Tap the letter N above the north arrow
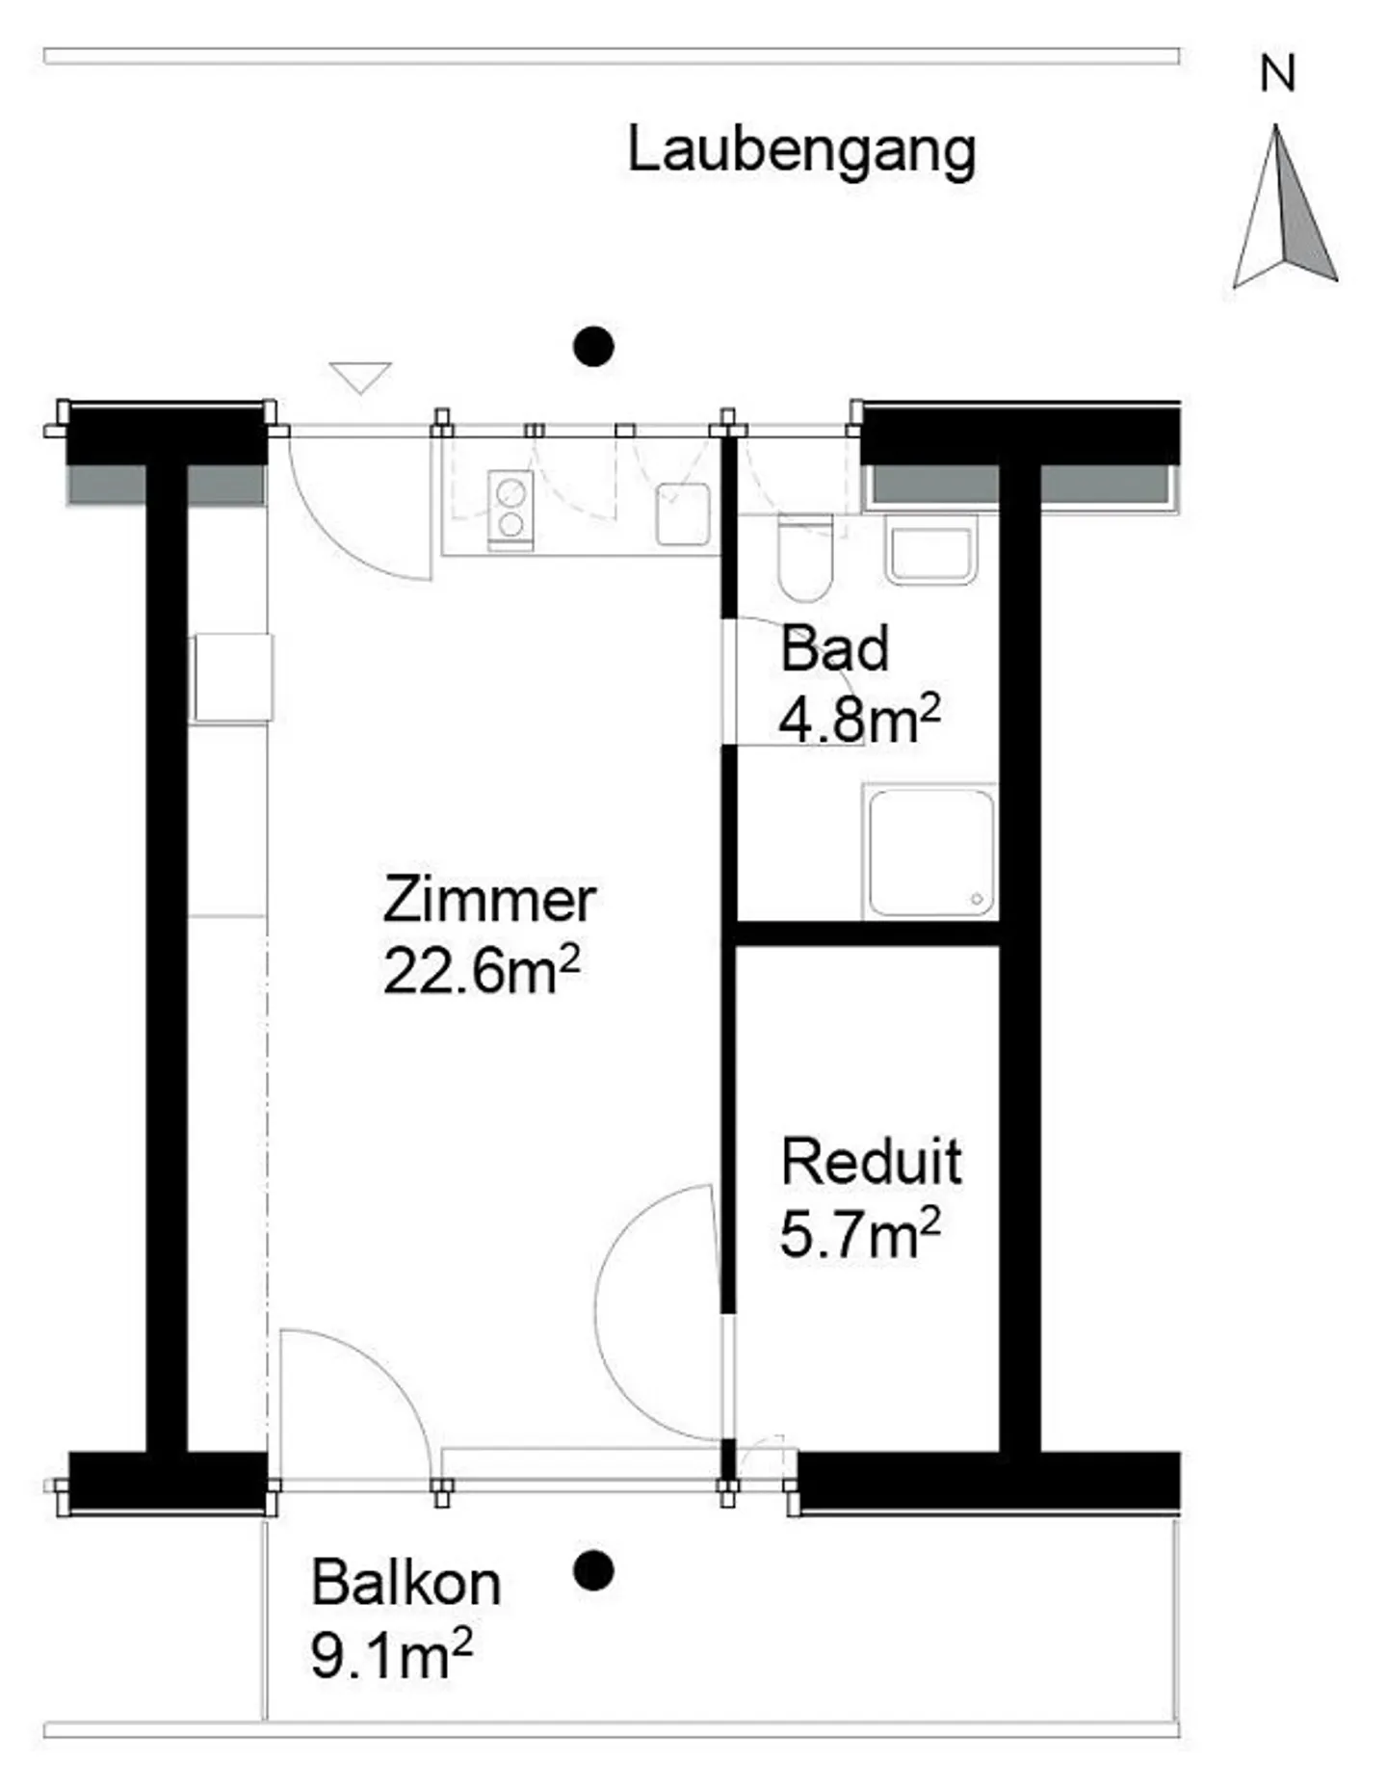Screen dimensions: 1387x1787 [1277, 74]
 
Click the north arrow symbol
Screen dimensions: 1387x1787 [1285, 206]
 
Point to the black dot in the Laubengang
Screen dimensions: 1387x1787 [593, 347]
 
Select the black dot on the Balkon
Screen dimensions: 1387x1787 [593, 1571]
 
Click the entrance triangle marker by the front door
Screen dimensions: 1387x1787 [360, 377]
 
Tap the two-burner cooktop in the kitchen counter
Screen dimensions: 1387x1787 [510, 510]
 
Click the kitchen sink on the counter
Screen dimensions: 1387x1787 [683, 514]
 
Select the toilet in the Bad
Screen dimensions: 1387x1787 [805, 558]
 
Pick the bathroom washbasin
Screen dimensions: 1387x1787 [930, 550]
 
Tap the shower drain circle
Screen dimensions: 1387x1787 [977, 899]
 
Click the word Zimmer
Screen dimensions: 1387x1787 [489, 900]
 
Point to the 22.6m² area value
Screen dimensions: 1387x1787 [482, 970]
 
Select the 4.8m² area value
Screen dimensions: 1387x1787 [859, 719]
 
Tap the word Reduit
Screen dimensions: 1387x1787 [871, 1162]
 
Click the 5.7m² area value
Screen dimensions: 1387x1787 [859, 1233]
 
